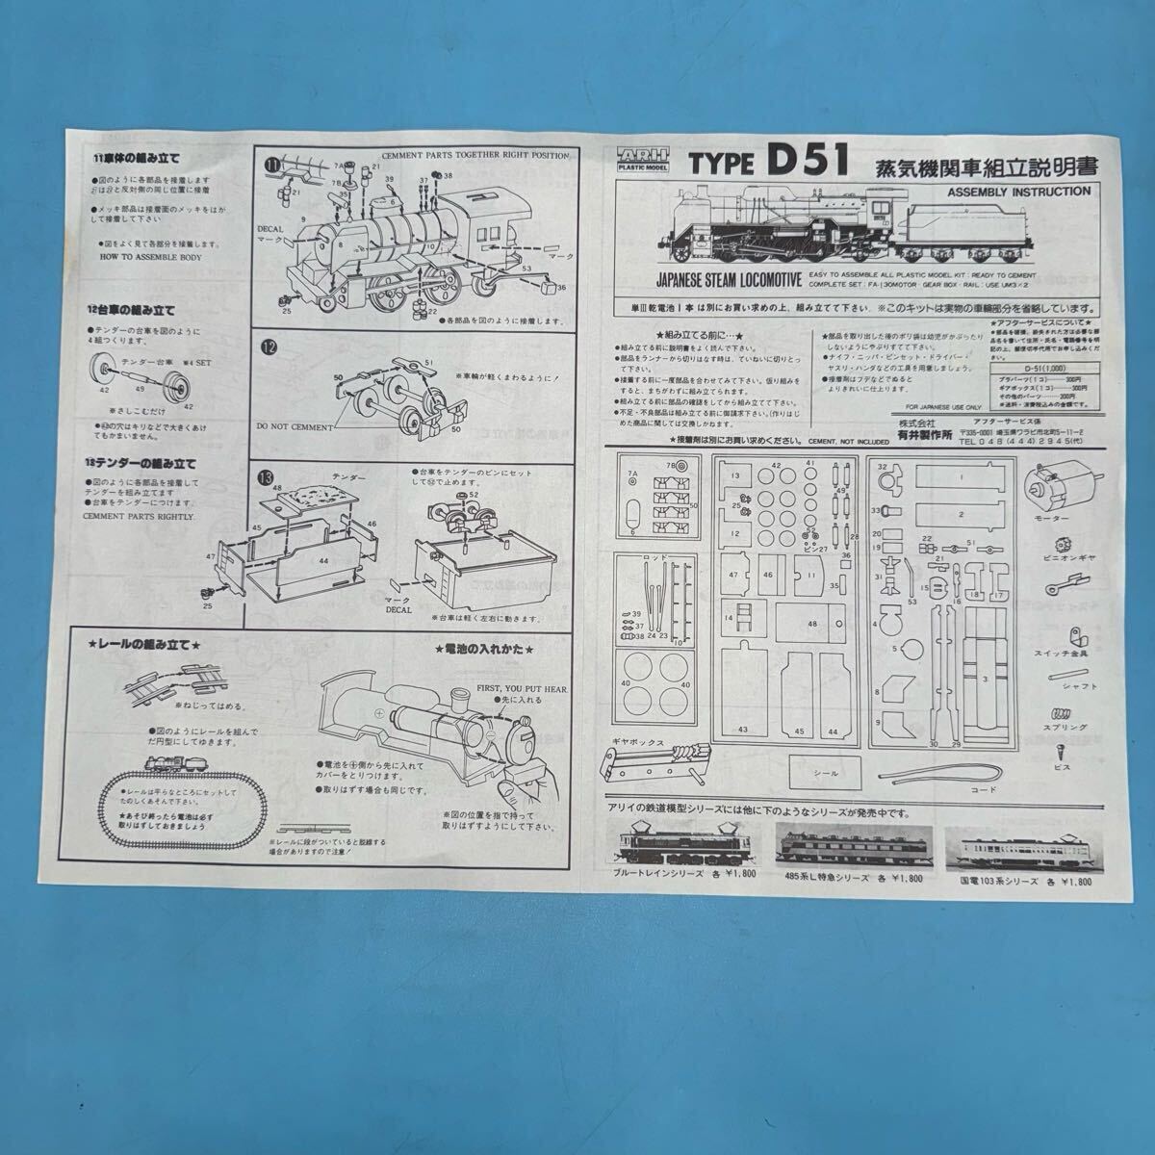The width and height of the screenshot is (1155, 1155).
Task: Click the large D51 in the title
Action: (x=808, y=161)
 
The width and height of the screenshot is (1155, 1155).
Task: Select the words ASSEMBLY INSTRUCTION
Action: (x=1020, y=192)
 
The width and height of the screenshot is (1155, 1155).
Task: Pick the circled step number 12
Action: (x=271, y=348)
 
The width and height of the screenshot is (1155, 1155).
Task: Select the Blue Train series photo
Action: (x=661, y=844)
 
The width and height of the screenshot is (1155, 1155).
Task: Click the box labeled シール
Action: (x=827, y=771)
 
